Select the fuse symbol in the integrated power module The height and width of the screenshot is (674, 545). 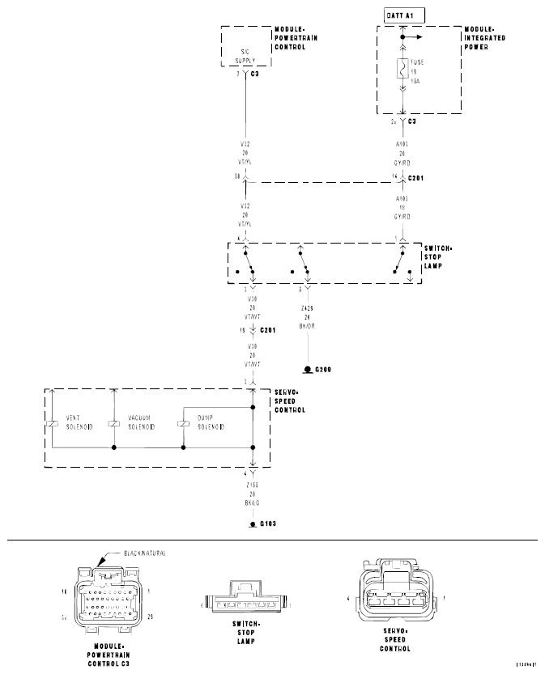click(x=402, y=69)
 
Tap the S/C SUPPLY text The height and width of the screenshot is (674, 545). click(x=245, y=56)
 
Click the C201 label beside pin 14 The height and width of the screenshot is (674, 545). click(x=417, y=176)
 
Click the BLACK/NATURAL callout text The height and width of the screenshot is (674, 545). click(x=146, y=553)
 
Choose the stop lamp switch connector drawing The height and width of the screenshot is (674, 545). click(x=245, y=601)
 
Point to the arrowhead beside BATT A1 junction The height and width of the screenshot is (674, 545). click(x=419, y=36)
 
